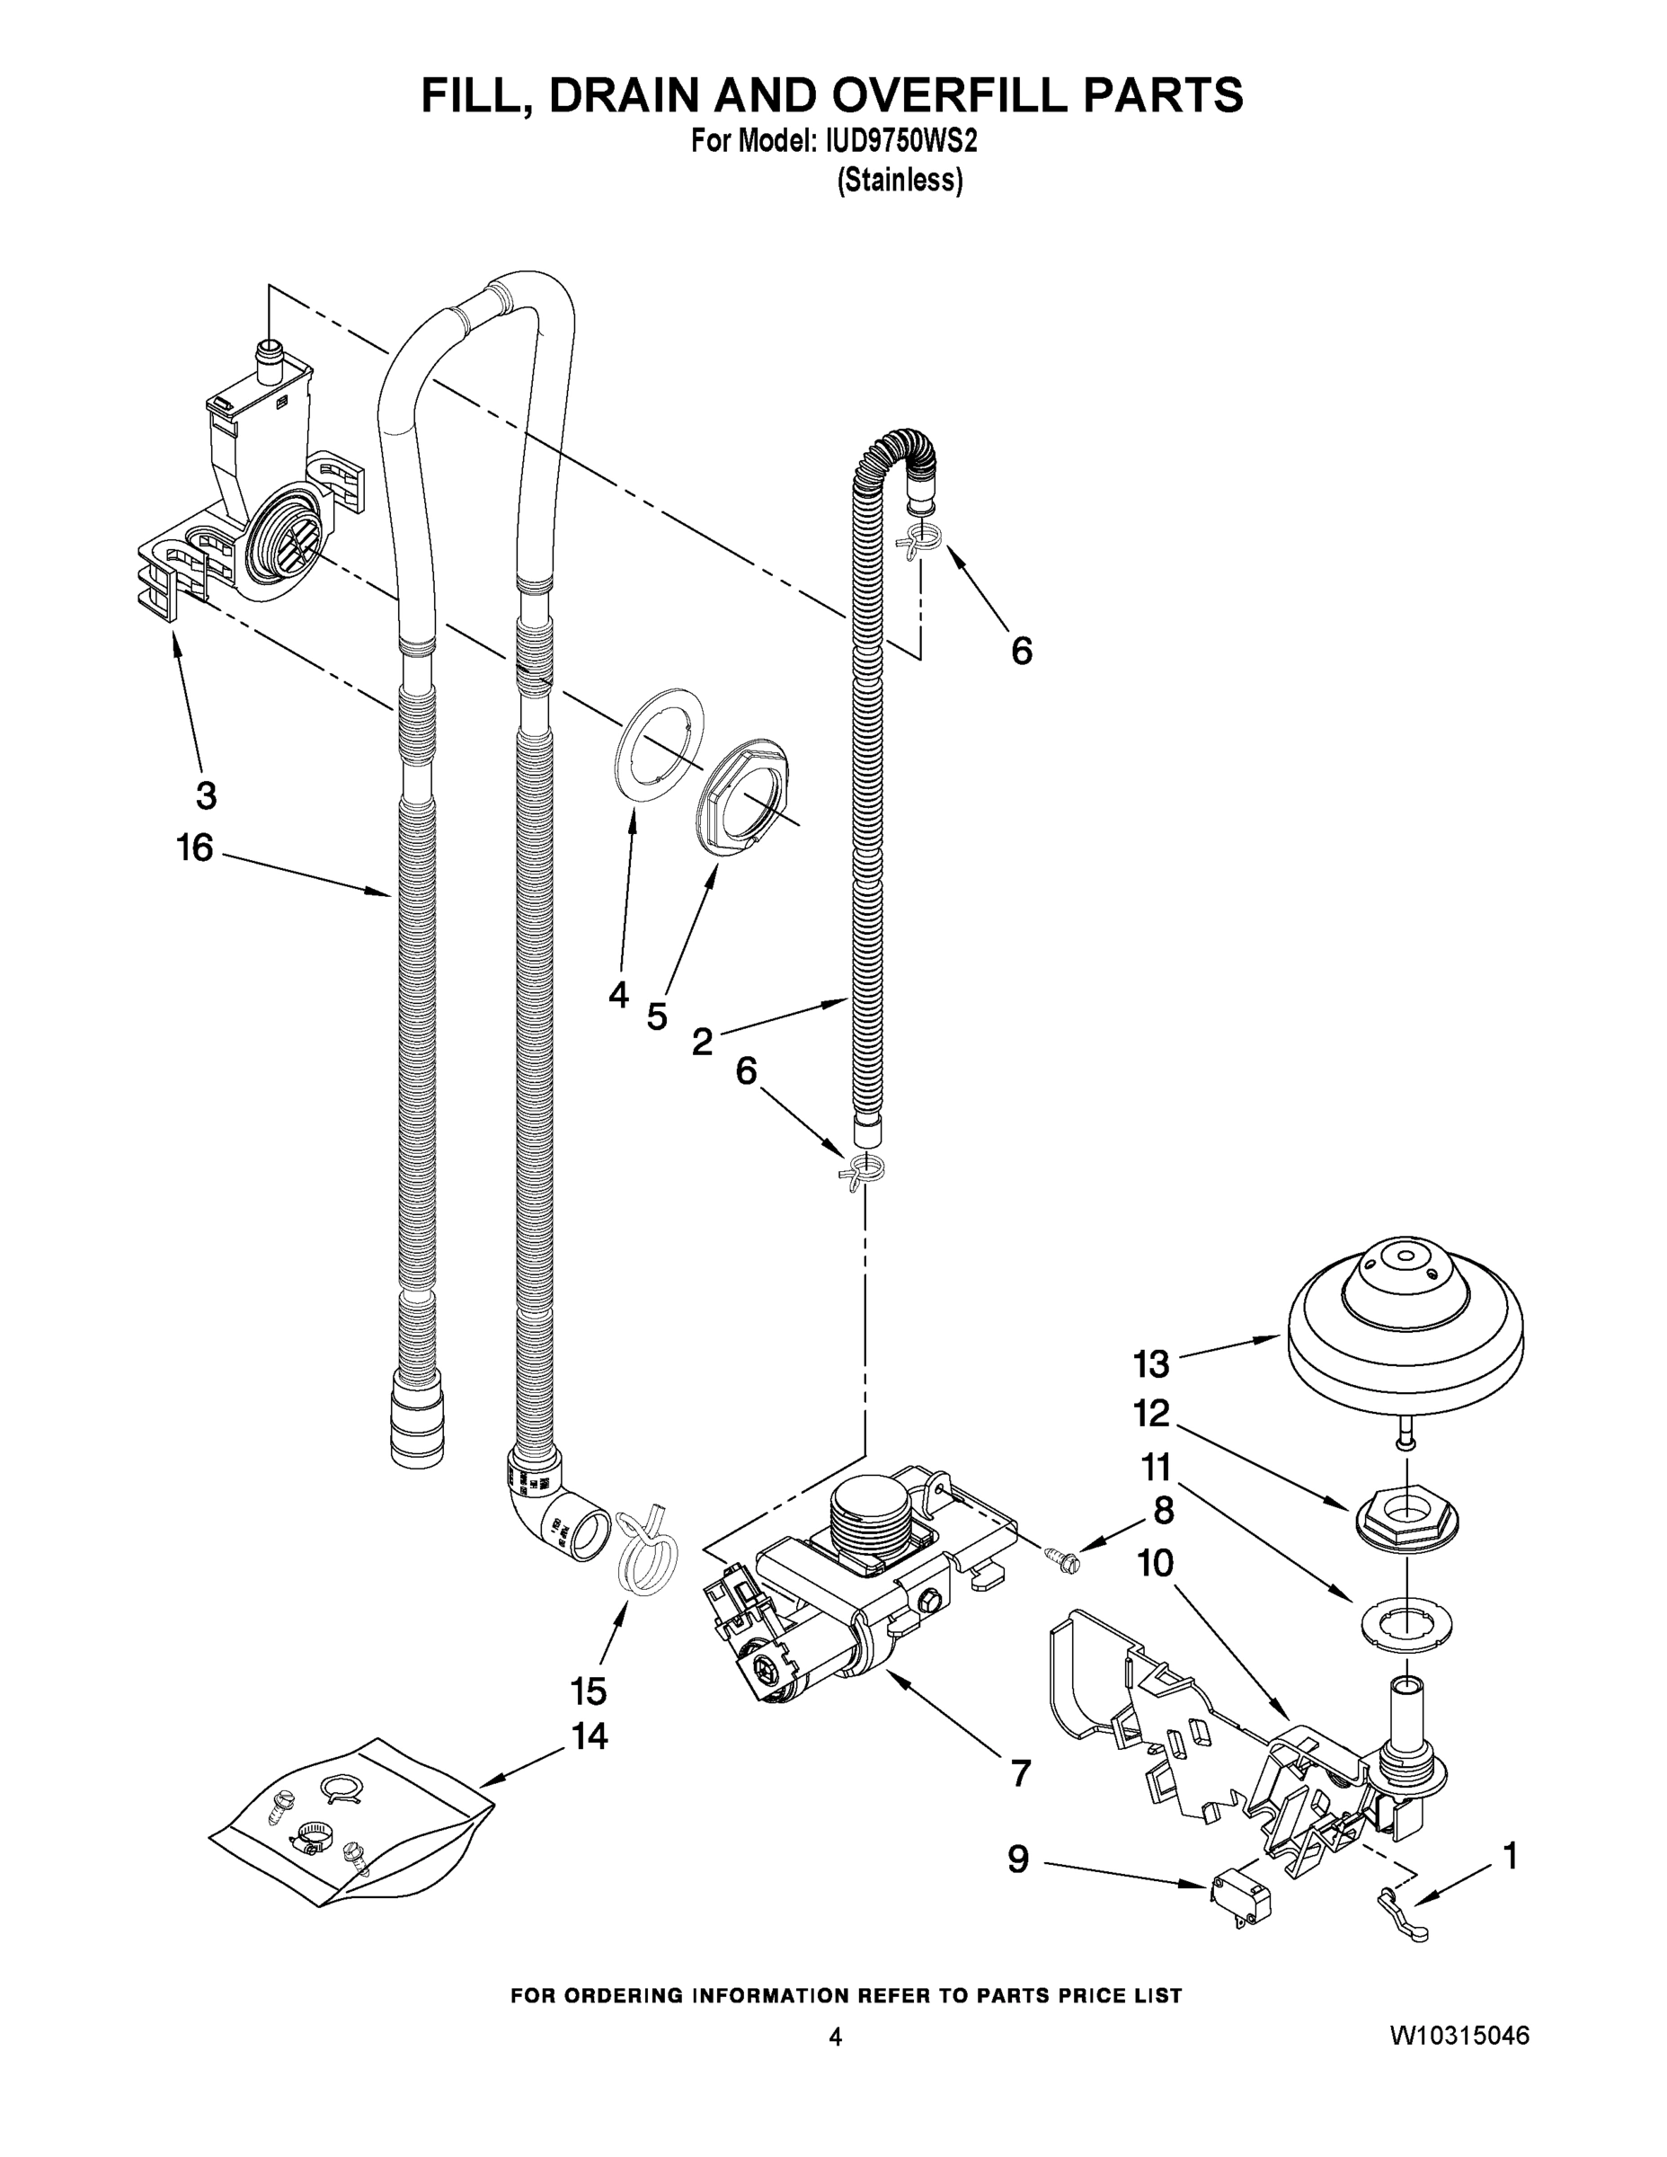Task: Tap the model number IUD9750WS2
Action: [896, 143]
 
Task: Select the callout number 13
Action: [1150, 1365]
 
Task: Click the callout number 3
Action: [206, 795]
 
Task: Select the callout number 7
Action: [1020, 1773]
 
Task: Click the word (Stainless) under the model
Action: [900, 181]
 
